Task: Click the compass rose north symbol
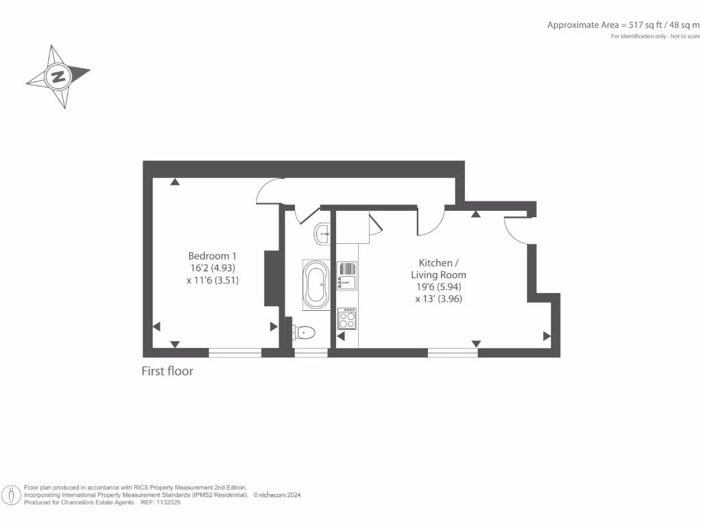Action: point(58,76)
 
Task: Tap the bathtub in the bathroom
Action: point(316,285)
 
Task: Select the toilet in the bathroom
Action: point(303,333)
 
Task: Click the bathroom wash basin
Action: point(322,234)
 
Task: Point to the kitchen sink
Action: point(346,275)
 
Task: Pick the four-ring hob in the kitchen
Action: point(347,319)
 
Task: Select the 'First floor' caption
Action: point(167,371)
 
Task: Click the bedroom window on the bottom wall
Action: point(235,353)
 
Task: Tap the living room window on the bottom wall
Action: point(453,353)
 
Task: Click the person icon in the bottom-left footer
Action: point(11,494)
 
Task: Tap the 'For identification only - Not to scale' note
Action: point(655,36)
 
